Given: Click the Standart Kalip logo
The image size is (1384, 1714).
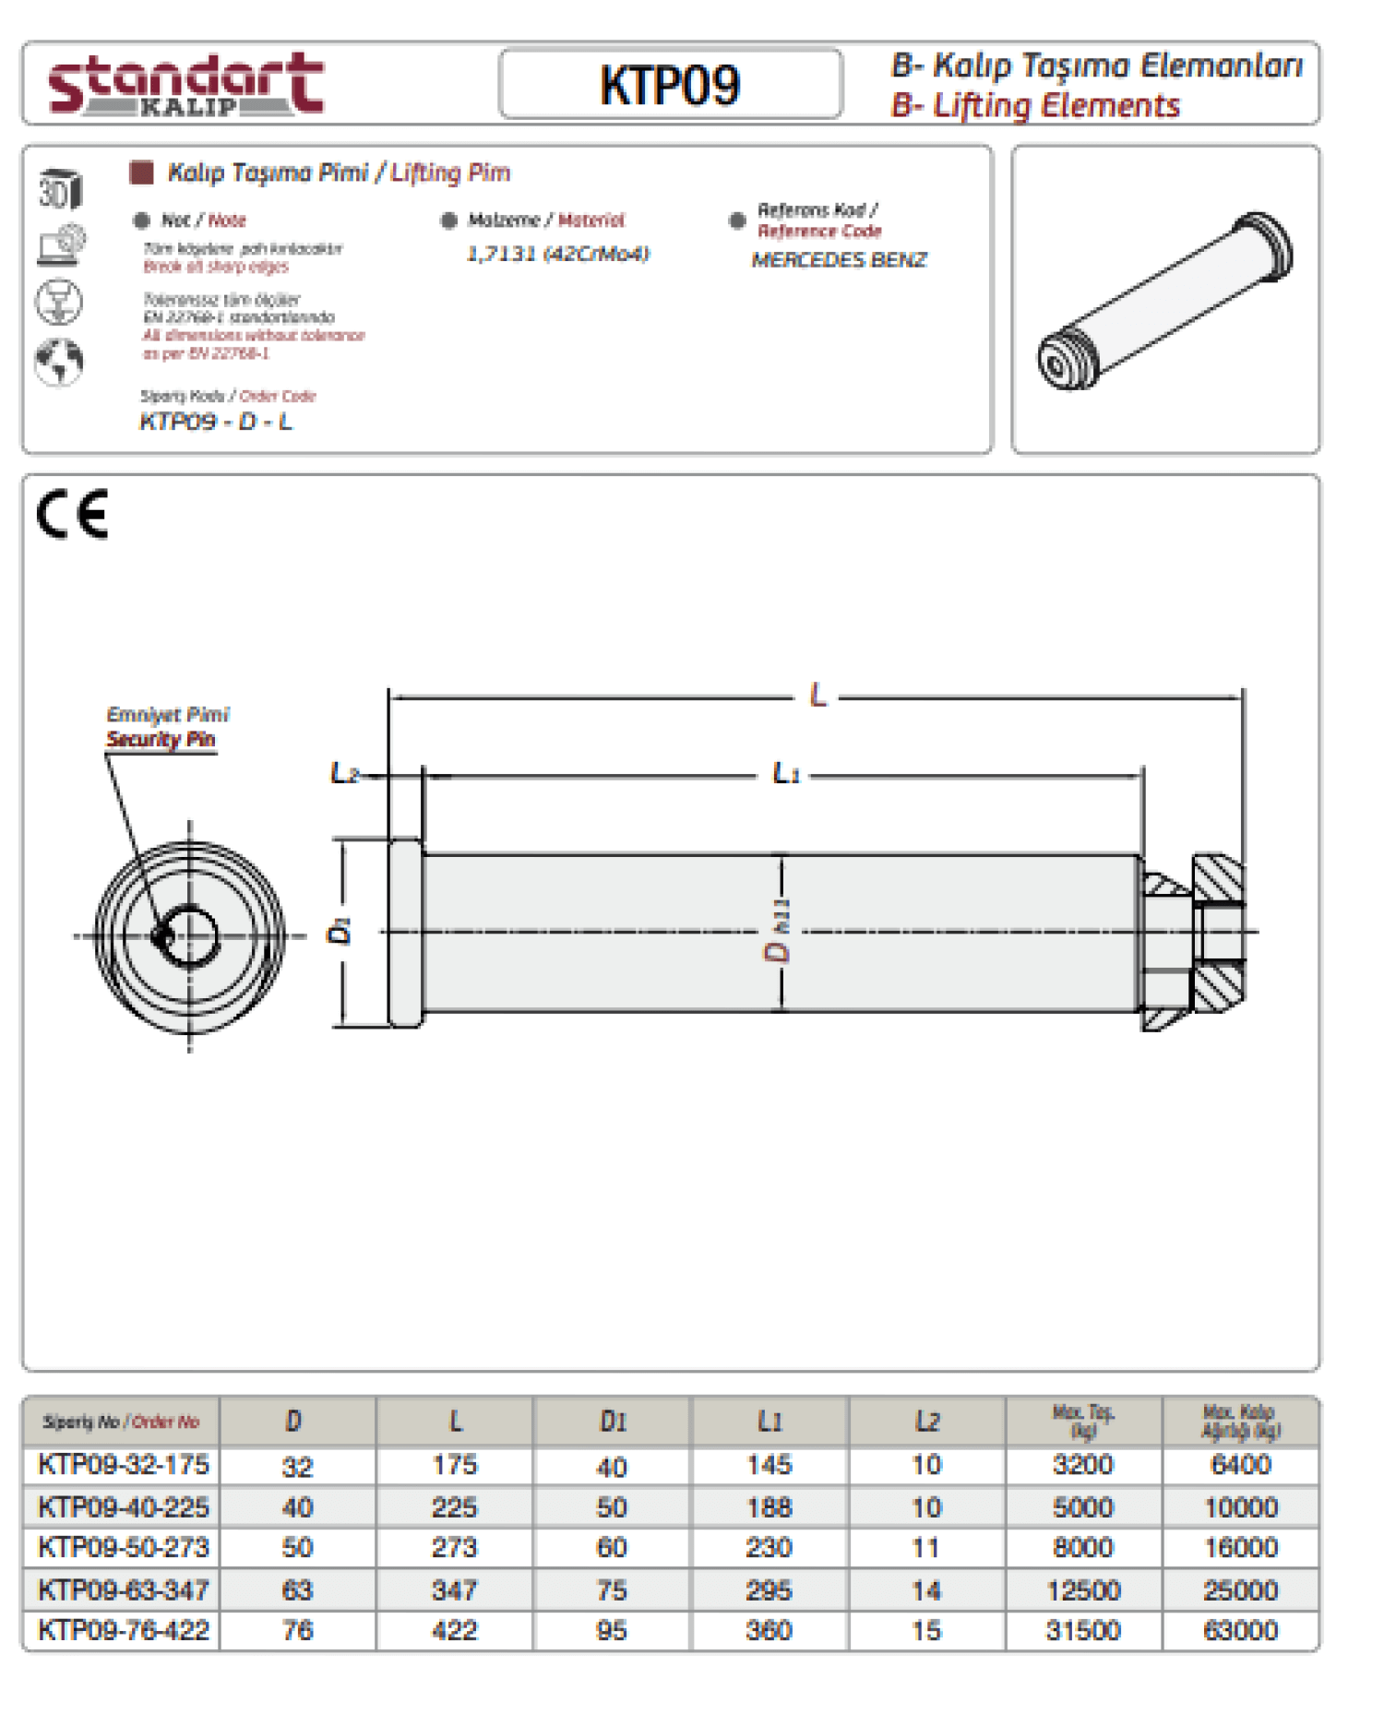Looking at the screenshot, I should click(185, 84).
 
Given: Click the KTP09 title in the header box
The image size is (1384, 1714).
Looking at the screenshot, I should click(670, 85).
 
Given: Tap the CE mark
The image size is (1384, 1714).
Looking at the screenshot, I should click(73, 514).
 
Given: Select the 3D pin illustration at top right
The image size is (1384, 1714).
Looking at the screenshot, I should click(1165, 301).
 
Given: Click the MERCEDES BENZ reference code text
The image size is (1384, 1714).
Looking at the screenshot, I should click(839, 260).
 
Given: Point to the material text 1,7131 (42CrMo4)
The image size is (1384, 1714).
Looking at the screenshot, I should click(557, 254).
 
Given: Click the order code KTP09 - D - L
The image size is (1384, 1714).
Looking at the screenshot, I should click(216, 422).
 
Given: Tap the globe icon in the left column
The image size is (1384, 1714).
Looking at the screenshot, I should click(59, 362).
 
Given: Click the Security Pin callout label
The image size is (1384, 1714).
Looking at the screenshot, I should click(161, 739).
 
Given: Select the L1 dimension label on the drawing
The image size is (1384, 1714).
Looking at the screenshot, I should click(785, 773).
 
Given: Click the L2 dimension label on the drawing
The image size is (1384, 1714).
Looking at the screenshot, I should click(343, 772).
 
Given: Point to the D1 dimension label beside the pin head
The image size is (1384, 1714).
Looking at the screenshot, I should click(340, 931).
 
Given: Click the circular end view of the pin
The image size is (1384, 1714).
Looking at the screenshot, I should click(190, 935).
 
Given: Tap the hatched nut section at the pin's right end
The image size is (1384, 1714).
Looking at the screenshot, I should click(1218, 932).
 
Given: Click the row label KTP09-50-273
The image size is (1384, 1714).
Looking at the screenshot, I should click(124, 1547).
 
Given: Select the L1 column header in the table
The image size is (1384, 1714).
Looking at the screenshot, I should click(770, 1422).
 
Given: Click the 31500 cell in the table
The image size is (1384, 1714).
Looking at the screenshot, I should click(1082, 1630).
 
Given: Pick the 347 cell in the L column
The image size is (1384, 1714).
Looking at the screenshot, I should click(454, 1589).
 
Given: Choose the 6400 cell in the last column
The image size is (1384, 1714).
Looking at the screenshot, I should click(1240, 1465).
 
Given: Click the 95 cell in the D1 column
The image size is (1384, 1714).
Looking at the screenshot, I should click(612, 1630).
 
